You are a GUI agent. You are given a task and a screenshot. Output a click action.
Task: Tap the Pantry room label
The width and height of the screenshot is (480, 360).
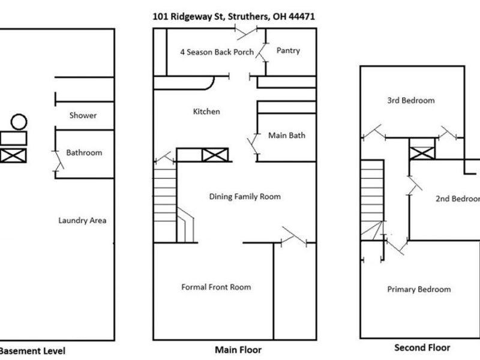288,51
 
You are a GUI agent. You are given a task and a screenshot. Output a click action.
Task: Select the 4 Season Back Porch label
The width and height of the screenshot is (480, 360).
217,52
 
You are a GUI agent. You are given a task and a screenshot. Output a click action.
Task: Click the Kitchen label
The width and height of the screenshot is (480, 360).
206,112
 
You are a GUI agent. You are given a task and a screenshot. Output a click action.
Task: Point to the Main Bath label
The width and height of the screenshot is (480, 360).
286,136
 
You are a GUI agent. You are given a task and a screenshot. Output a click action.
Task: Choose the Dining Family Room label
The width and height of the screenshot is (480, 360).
244,197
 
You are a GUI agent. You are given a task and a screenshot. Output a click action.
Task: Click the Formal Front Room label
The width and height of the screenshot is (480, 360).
216,287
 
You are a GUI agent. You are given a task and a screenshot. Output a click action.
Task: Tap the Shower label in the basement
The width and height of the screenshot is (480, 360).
83,115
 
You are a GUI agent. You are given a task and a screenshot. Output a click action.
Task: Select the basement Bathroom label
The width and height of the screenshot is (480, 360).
84,153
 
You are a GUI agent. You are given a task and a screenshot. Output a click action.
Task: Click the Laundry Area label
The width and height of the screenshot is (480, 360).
82,221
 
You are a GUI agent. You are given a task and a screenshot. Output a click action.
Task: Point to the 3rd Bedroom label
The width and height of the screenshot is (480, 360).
410,101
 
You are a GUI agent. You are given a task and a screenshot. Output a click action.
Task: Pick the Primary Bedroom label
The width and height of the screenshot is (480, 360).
419,290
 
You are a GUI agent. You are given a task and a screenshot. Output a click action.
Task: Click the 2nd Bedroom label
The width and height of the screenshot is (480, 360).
457,199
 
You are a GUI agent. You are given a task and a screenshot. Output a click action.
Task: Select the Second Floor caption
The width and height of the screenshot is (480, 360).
422,348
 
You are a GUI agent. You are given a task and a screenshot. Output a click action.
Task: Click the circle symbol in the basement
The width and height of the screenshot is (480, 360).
19,122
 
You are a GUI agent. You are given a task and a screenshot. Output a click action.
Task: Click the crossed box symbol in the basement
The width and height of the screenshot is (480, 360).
13,156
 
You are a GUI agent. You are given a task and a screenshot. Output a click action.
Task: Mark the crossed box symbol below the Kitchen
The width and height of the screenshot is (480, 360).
214,155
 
